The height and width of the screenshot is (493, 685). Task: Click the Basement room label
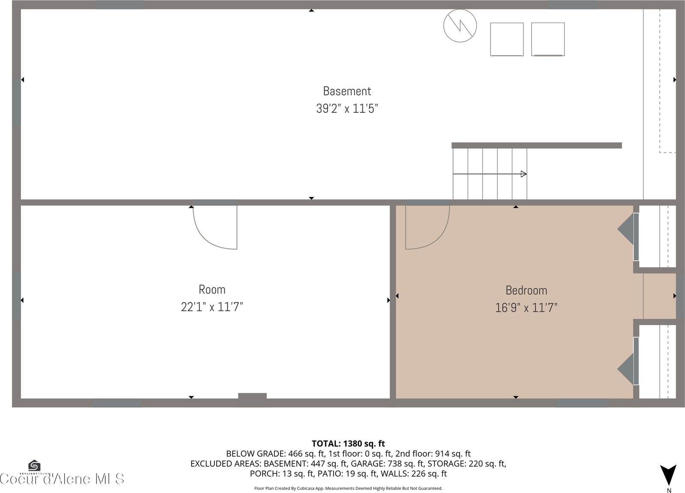(x=347, y=91)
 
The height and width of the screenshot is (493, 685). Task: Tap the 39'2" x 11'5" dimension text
(x=347, y=108)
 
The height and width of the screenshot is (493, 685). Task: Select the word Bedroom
(x=526, y=290)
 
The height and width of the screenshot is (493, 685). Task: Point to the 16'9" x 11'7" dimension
(x=526, y=308)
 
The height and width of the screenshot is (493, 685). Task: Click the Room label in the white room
(x=212, y=290)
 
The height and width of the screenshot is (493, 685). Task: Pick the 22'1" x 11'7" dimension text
(x=212, y=307)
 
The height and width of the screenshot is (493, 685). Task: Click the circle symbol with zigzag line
(x=460, y=26)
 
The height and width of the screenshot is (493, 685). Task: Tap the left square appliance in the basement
(x=506, y=39)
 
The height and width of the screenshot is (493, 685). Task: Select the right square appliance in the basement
(x=548, y=39)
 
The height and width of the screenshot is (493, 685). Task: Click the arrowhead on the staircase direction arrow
(x=523, y=174)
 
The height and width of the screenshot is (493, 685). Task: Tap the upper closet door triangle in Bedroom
(x=626, y=230)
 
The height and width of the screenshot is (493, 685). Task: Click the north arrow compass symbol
(x=668, y=475)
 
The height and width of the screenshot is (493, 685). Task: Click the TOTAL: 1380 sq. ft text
(x=348, y=444)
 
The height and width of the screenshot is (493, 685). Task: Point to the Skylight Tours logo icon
(x=34, y=466)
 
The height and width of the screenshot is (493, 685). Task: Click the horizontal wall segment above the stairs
(x=536, y=146)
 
